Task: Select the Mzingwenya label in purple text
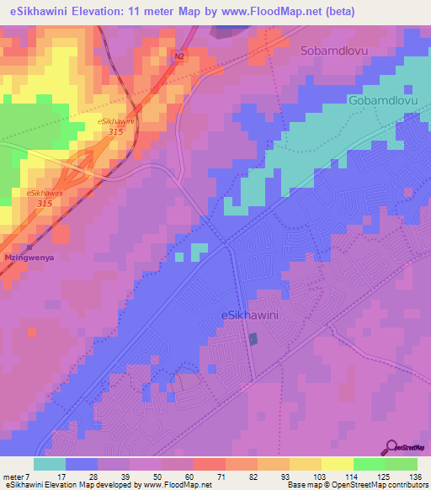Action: (x=29, y=258)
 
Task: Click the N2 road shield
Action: (x=178, y=56)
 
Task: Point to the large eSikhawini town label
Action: (x=250, y=315)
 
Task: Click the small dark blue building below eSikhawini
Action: (x=253, y=338)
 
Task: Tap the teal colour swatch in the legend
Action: (x=49, y=464)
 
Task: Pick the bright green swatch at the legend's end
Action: (x=402, y=464)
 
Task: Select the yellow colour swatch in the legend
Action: (x=338, y=464)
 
